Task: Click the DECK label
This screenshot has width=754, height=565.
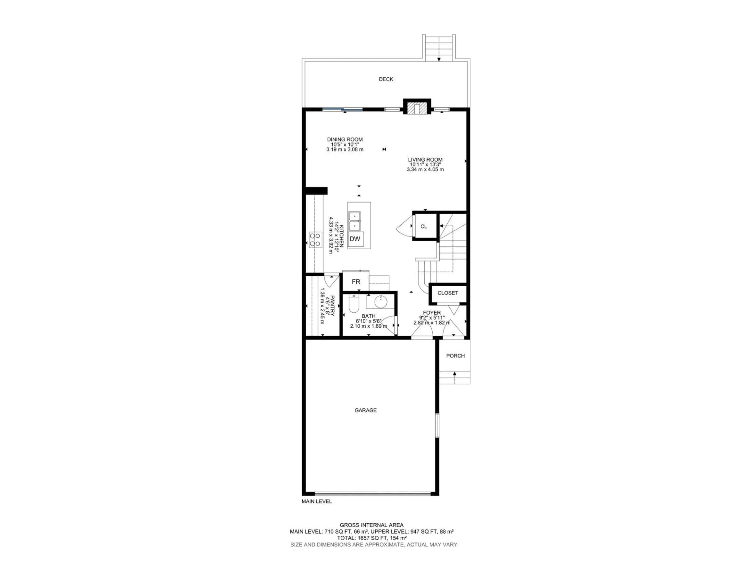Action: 386,79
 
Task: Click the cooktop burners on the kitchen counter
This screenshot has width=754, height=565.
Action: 77,239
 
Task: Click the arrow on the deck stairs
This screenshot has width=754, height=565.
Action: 439,59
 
